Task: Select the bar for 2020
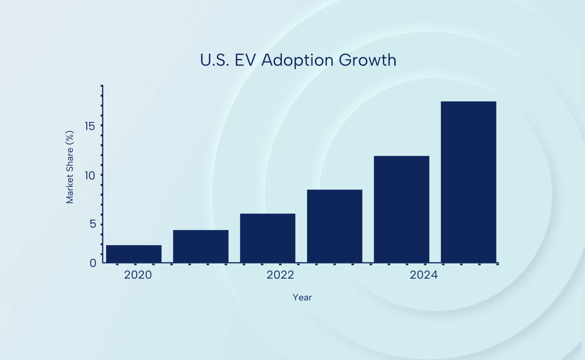pos(134,254)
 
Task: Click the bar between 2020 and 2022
pos(201,246)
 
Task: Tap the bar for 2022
pos(268,238)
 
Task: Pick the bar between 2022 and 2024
pos(334,226)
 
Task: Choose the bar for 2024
pos(402,209)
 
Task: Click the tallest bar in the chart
pos(468,182)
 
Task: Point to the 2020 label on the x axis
pos(138,275)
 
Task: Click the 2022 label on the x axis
pos(280,275)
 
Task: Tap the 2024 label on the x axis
pos(424,275)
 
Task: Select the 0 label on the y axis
pos(93,263)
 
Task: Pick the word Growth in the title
pos(368,60)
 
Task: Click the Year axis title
pos(302,298)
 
